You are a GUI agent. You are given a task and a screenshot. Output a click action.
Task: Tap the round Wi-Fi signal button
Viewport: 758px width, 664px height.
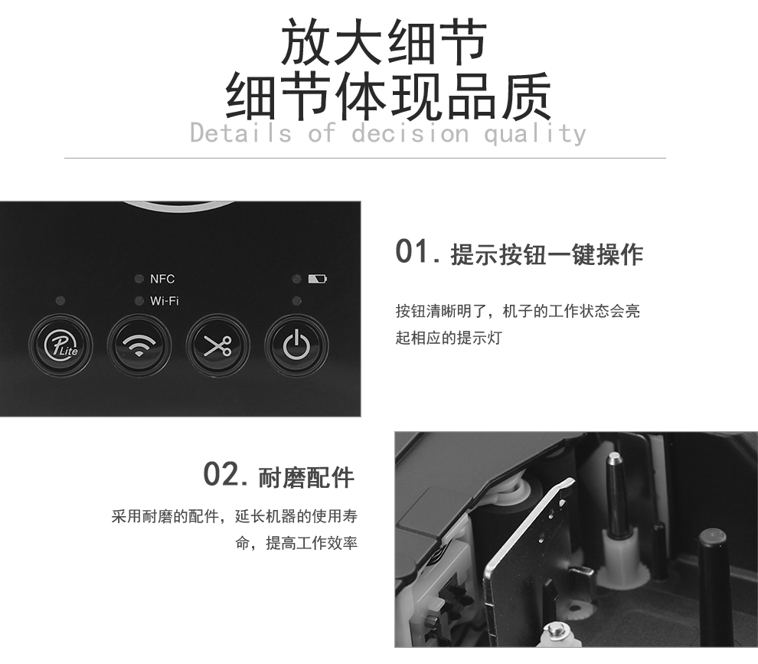(139, 345)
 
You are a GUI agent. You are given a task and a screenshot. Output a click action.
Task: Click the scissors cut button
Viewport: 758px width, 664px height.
(218, 345)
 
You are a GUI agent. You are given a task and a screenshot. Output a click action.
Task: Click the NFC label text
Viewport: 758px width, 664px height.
(162, 279)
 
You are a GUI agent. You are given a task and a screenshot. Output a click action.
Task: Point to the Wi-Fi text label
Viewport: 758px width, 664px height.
(165, 301)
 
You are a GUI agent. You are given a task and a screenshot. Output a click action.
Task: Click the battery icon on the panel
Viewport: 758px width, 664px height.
(317, 279)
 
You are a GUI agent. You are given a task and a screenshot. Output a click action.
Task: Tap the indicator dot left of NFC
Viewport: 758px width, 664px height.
(139, 279)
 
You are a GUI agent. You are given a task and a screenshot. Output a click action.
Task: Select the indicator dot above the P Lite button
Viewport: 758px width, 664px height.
(60, 301)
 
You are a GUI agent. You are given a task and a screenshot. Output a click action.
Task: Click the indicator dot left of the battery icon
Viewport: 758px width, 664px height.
(297, 279)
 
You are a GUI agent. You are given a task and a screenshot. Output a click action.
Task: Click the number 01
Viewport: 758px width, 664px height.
(413, 251)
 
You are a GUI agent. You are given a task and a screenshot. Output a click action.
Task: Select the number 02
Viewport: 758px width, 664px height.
(221, 474)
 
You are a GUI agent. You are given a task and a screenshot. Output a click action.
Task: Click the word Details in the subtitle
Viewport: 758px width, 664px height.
(240, 132)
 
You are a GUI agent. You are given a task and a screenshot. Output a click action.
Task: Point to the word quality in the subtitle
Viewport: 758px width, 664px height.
(534, 133)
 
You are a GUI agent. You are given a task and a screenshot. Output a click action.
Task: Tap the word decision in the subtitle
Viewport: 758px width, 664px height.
(410, 132)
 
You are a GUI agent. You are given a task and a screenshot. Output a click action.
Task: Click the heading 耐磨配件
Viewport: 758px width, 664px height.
(306, 478)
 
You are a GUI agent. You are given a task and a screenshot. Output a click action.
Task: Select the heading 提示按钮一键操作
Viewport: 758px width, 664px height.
(547, 254)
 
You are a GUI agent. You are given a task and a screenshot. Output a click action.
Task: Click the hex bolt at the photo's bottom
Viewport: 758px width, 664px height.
(555, 630)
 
